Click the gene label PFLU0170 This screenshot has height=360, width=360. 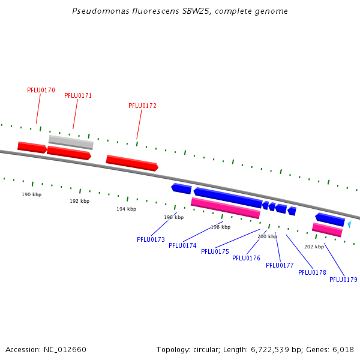coord(41,90)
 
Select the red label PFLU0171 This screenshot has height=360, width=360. coord(78,95)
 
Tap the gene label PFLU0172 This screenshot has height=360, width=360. coord(142,106)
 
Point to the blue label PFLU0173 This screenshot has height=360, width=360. coord(151,239)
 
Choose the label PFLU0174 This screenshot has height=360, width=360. coord(182,245)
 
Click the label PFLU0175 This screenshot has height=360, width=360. coord(215,251)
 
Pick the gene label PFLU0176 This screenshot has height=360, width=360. coord(246,258)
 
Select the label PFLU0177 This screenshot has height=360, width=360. coord(280,265)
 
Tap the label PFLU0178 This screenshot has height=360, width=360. coord(312,272)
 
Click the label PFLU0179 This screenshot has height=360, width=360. coord(343,280)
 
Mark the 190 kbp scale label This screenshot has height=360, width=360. coord(32,194)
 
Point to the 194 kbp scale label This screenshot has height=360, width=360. coord(126,209)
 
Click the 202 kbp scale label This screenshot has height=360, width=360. coord(314,247)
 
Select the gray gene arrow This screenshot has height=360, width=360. coord(71,142)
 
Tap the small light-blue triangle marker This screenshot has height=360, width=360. coord(349,224)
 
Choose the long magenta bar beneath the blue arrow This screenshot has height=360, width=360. coord(225,208)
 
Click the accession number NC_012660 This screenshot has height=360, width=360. coord(65,349)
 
